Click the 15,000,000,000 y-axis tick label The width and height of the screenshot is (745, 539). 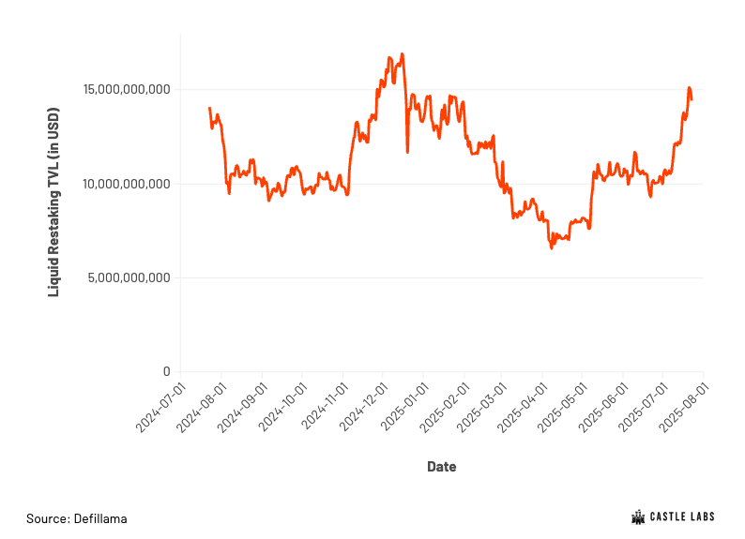(127, 89)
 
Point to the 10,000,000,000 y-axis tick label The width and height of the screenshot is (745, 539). (127, 184)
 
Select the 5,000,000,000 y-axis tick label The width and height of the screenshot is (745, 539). (129, 277)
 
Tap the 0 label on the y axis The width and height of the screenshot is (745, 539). (167, 371)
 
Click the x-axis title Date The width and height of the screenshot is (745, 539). (442, 467)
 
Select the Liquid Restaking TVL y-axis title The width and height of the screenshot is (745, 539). (53, 202)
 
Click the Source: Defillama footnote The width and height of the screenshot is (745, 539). (77, 518)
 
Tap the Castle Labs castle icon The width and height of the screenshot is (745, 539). (638, 517)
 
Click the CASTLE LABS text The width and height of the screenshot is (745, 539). (682, 517)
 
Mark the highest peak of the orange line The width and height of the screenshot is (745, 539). (403, 54)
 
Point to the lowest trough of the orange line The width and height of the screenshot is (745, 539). (552, 247)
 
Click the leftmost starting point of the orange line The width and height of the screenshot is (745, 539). (209, 108)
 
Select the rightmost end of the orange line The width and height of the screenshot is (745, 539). (692, 99)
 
